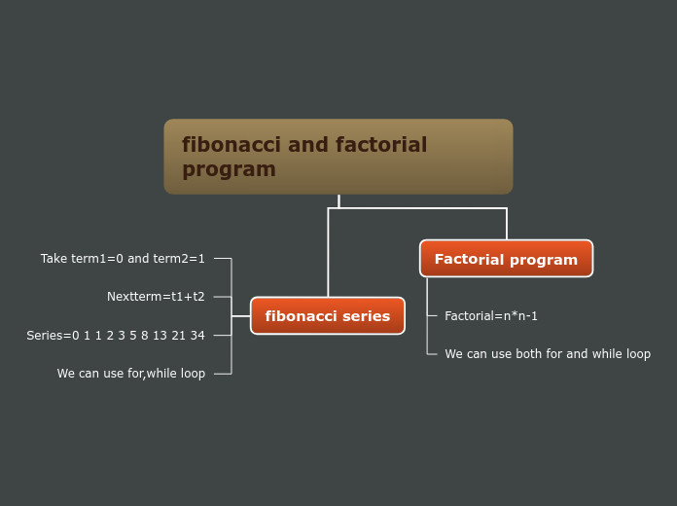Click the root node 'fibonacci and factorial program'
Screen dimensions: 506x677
click(338, 157)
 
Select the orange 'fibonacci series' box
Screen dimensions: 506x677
click(327, 316)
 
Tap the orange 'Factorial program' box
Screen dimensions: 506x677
click(506, 259)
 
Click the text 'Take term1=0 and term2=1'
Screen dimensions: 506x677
click(123, 259)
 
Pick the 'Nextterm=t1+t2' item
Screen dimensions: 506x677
click(156, 297)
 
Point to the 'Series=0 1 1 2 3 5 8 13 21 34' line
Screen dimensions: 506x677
click(116, 336)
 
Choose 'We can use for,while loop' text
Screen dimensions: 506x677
click(131, 374)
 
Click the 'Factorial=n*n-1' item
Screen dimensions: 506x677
click(491, 316)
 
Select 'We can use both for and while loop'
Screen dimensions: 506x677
click(548, 354)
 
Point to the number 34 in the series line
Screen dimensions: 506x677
click(197, 336)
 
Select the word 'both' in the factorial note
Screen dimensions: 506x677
click(529, 354)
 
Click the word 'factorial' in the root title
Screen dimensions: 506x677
click(381, 145)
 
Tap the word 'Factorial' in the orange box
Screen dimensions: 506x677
click(469, 260)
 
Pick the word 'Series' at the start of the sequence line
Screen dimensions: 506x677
click(44, 336)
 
